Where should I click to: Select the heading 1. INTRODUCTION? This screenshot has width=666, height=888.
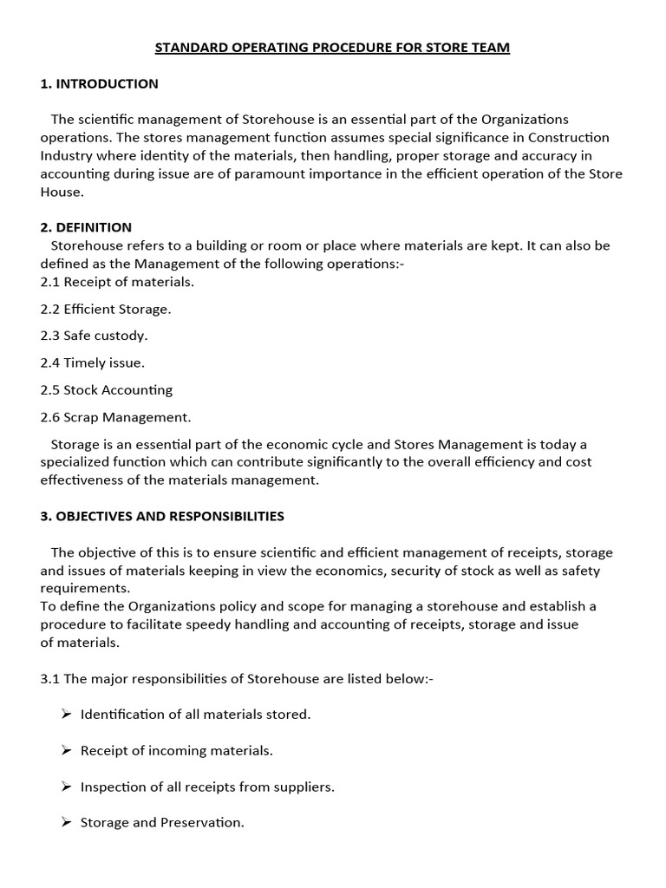click(99, 84)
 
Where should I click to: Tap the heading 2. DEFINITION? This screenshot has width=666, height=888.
click(86, 227)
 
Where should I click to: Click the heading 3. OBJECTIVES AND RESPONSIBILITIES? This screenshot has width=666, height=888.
click(162, 516)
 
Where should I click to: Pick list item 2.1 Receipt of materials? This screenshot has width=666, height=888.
click(117, 282)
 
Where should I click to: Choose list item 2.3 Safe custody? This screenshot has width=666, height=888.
click(94, 336)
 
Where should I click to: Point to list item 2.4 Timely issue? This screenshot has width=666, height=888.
click(92, 362)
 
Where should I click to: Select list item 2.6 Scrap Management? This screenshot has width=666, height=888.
click(115, 417)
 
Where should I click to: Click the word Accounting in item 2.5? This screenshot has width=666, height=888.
click(138, 390)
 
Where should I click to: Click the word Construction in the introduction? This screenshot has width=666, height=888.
click(568, 138)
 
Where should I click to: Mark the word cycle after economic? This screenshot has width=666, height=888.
click(363, 444)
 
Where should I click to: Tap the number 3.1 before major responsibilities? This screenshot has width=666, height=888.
click(50, 679)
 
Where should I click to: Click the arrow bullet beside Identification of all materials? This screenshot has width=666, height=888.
click(66, 715)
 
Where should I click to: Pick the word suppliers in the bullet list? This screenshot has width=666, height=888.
click(303, 787)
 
